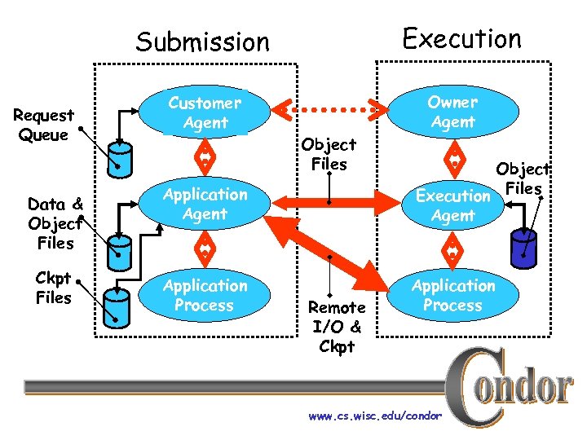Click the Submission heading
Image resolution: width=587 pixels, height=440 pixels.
pos(202,42)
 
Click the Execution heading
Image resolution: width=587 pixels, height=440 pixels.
pos(461,38)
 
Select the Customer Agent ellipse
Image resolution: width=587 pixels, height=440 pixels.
pos(205,113)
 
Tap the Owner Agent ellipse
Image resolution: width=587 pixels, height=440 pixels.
pos(452,112)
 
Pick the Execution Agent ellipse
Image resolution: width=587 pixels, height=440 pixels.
pos(452,205)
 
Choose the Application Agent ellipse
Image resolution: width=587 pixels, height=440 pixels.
pos(205,205)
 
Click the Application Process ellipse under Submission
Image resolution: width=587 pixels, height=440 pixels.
pos(205,296)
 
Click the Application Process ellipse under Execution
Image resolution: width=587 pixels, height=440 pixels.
pos(452,295)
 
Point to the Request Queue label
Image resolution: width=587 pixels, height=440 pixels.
pos(43,125)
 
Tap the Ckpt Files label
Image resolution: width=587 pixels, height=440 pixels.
pos(53,287)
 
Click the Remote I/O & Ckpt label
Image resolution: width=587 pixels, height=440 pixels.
pos(337,327)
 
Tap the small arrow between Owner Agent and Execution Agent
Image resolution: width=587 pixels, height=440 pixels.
pos(452,155)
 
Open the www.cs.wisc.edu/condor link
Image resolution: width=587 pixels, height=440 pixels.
pos(375,416)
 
